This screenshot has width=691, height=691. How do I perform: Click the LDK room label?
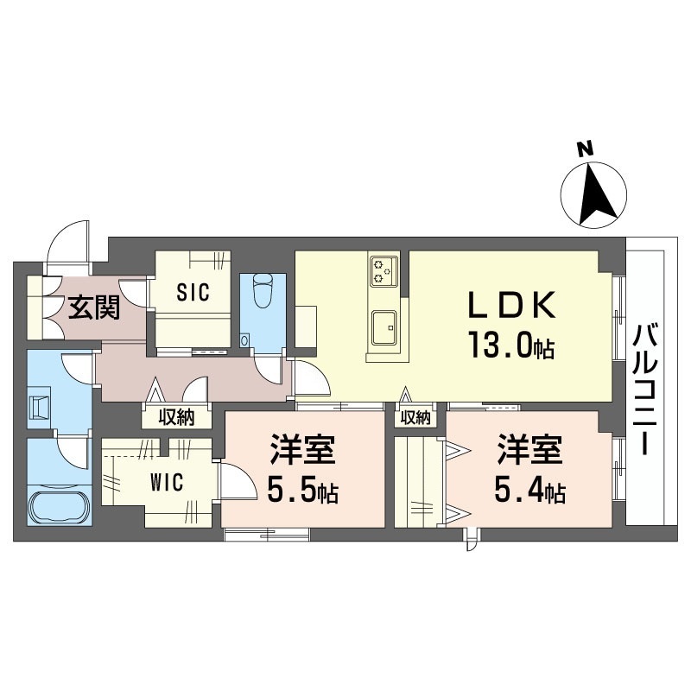(511, 306)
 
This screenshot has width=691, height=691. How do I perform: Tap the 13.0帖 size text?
(511, 345)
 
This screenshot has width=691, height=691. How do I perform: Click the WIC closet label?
(167, 482)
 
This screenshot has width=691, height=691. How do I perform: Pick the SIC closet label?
(193, 292)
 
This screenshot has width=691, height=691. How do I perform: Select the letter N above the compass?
(586, 149)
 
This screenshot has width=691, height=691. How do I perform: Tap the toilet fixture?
(263, 290)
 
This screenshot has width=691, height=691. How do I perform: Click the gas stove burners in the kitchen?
(384, 271)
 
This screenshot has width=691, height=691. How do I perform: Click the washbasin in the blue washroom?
(39, 405)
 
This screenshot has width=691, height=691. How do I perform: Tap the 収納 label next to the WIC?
(177, 416)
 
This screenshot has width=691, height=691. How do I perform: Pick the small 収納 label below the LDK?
(415, 417)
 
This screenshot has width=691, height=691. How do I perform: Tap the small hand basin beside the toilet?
(244, 339)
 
